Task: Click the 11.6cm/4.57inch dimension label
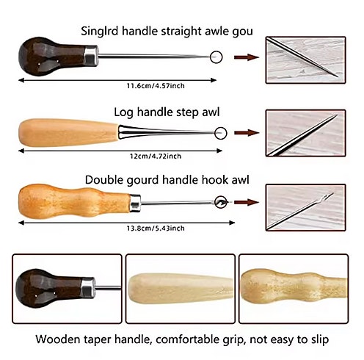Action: pyautogui.click(x=156, y=86)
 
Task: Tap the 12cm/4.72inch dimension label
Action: pyautogui.click(x=156, y=156)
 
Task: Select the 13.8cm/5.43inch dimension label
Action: pyautogui.click(x=156, y=228)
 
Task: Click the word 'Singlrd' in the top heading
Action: pyautogui.click(x=100, y=32)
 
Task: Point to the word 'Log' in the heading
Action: pyautogui.click(x=124, y=113)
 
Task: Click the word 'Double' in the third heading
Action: pyautogui.click(x=104, y=180)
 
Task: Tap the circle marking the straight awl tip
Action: pyautogui.click(x=216, y=57)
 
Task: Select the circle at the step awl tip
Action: pyautogui.click(x=221, y=133)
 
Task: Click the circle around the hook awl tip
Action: pyautogui.click(x=221, y=202)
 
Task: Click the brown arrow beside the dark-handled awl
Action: pyautogui.click(x=247, y=57)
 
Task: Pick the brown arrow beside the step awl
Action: pyautogui.click(x=247, y=133)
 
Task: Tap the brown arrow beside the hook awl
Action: pyautogui.click(x=247, y=202)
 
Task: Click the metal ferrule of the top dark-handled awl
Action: pyautogui.click(x=91, y=56)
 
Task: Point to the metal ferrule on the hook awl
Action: pyautogui.click(x=135, y=203)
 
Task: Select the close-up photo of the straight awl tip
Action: pyautogui.click(x=306, y=60)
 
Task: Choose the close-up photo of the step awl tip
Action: pyautogui.click(x=306, y=133)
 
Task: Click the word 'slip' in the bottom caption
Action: pyautogui.click(x=317, y=340)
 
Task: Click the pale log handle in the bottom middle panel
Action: pyautogui.click(x=181, y=289)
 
